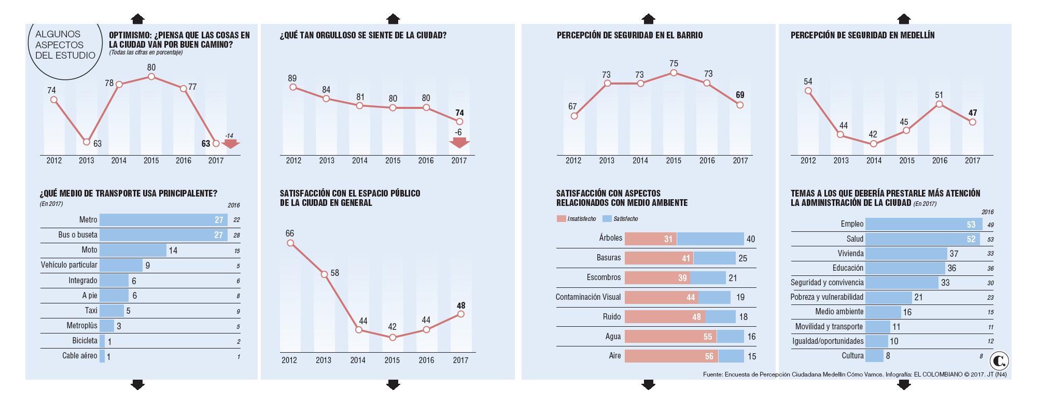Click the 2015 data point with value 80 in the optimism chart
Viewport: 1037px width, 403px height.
[151, 77]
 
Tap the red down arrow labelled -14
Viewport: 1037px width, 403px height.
[230, 143]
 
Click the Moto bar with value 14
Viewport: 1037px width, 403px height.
[133, 250]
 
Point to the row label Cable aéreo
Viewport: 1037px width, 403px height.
[79, 356]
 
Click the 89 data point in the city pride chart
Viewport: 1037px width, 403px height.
[293, 87]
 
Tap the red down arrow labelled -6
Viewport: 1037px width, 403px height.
[459, 143]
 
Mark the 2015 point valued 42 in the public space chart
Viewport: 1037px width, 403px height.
[393, 337]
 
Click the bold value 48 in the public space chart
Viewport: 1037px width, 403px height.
[460, 305]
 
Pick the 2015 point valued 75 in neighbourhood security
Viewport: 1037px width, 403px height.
[674, 73]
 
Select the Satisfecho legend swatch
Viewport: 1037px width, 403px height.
[607, 219]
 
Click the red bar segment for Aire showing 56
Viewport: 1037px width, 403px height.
[671, 356]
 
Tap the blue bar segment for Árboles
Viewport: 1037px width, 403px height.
[710, 239]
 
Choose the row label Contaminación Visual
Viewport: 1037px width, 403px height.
[588, 297]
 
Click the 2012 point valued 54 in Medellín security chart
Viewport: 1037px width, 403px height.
[808, 91]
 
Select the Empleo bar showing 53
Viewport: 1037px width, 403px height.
[916, 224]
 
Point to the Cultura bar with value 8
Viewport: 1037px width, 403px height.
[874, 356]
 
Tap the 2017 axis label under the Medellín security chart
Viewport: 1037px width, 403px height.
[972, 161]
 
